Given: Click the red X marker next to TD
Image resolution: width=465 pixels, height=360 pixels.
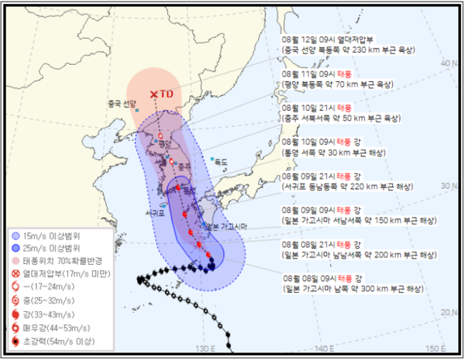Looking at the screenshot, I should pyautogui.click(x=154, y=94).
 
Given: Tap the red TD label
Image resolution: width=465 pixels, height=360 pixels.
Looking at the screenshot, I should pyautogui.click(x=167, y=94).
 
